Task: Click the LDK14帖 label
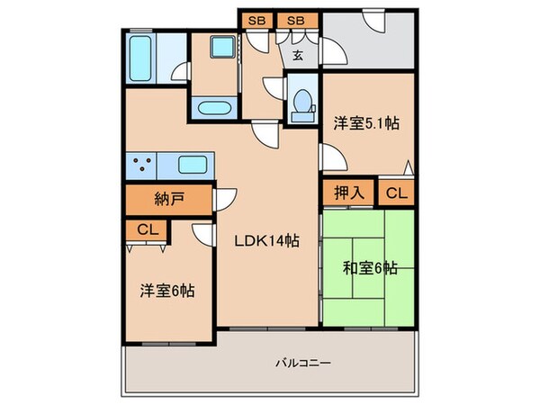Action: [x=267, y=241]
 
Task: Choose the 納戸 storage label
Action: [x=168, y=198]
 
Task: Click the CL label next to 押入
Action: [x=395, y=192]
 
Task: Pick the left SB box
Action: [x=256, y=19]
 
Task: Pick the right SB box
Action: [x=294, y=19]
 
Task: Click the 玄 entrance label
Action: [x=296, y=55]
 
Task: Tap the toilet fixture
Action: [x=301, y=101]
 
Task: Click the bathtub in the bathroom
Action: [x=145, y=58]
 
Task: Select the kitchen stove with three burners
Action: [x=141, y=166]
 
